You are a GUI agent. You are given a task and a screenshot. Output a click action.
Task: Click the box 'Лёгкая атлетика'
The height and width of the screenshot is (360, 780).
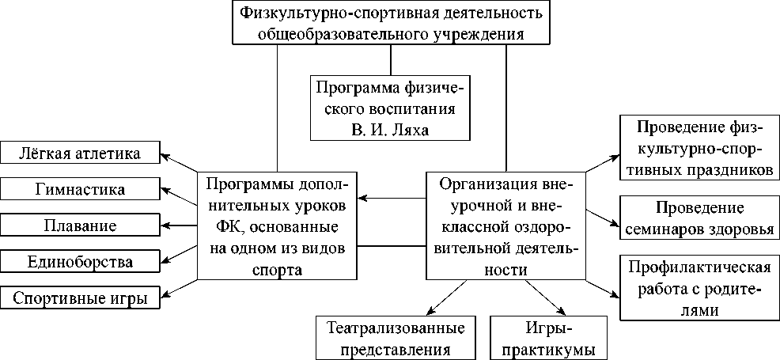(x=79, y=153)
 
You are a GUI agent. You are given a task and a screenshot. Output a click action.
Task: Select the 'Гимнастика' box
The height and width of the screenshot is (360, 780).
(x=79, y=189)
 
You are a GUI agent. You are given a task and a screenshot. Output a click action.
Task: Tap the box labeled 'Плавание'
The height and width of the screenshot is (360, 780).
(x=79, y=225)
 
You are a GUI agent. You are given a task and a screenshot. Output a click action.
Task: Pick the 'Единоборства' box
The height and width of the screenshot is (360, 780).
(x=79, y=261)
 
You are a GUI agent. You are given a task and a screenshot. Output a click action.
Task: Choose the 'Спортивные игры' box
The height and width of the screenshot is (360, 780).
(x=79, y=297)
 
